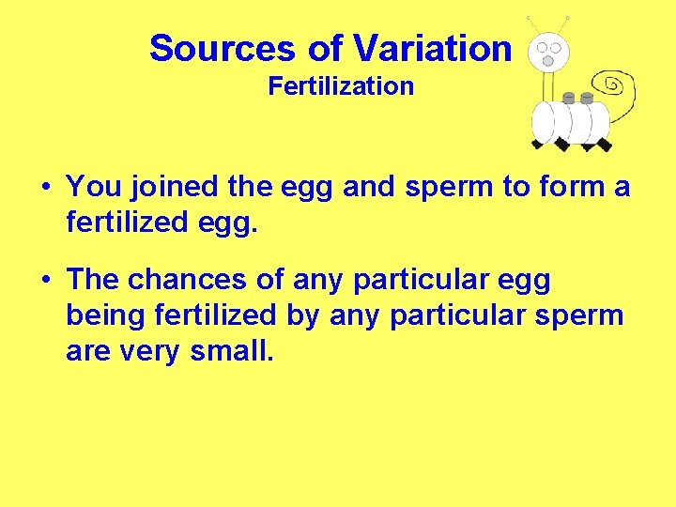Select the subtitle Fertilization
coord(341,86)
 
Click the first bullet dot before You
coord(45,187)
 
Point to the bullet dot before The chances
coord(45,281)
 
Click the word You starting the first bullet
coord(91,187)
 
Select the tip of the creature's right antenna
coord(566,18)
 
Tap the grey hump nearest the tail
coord(587,98)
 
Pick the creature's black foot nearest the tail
coord(604,146)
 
